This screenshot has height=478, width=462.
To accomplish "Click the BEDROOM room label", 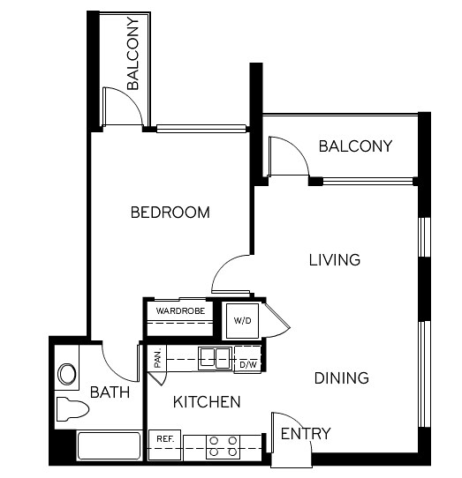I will click(x=170, y=213).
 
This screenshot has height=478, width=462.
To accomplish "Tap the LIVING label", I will click(x=334, y=260).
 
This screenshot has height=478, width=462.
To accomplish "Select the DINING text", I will click(x=341, y=378).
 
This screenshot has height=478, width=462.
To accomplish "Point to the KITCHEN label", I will click(x=206, y=402).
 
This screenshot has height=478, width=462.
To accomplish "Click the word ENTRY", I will click(x=305, y=434).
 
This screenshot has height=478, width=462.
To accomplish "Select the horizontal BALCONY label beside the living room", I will click(x=355, y=146).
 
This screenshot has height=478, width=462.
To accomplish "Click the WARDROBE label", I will click(x=180, y=311).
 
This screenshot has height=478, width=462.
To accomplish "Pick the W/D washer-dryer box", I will click(x=242, y=321).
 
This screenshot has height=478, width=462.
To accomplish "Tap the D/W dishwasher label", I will click(x=247, y=363).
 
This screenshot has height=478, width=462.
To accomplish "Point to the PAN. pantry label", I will click(x=157, y=358).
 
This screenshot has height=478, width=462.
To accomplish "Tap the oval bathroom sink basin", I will click(x=66, y=374).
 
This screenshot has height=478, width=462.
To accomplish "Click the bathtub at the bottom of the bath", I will click(x=110, y=446).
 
